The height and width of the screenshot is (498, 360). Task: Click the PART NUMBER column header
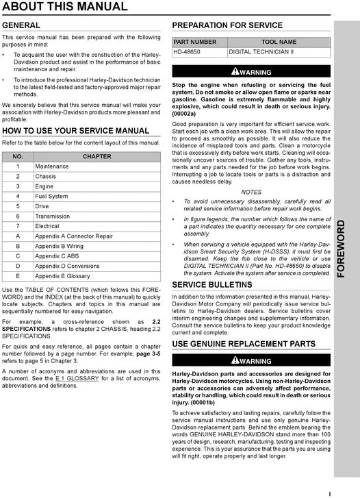[195, 42]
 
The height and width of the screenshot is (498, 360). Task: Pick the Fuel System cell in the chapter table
[51, 196]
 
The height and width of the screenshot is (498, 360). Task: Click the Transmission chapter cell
[55, 216]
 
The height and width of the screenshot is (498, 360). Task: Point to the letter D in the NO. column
[18, 266]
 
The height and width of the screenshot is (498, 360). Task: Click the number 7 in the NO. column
[18, 226]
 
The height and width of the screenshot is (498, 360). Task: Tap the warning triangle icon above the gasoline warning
[235, 71]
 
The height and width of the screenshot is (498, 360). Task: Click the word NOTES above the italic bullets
[251, 192]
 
